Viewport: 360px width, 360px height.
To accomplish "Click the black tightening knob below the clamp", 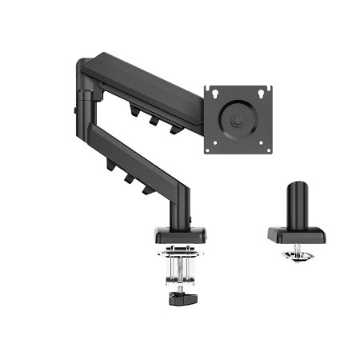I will tap(179, 300).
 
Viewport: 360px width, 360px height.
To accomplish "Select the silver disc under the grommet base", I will tap(297, 256).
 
